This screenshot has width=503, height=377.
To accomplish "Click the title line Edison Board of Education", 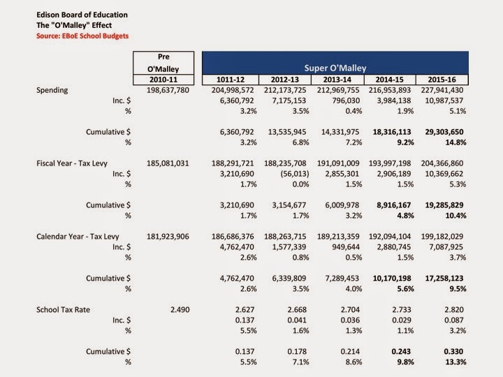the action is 82,15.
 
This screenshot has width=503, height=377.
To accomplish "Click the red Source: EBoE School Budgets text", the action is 82,36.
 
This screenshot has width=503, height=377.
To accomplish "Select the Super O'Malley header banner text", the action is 335,68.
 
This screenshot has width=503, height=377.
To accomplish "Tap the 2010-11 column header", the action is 163,80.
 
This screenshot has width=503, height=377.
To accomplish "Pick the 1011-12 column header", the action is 231,80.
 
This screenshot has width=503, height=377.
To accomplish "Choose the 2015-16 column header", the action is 442,80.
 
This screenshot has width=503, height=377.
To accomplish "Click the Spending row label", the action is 52,90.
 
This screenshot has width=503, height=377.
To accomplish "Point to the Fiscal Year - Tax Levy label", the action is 72,163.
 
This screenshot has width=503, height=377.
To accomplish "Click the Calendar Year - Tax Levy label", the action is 78,237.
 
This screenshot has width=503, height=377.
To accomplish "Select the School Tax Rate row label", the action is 63,310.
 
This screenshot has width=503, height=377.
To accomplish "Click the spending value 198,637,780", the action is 168,90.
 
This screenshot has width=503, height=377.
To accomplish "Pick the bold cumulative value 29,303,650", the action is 444,132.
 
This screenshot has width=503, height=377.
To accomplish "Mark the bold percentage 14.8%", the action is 455,142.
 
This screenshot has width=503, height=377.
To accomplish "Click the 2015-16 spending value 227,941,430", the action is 442,90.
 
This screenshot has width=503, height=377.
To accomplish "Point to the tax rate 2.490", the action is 180,310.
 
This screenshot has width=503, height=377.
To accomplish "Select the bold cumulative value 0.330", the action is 453,351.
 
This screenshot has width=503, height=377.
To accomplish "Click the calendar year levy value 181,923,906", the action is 168,237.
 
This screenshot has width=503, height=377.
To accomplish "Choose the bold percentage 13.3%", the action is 455,362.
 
